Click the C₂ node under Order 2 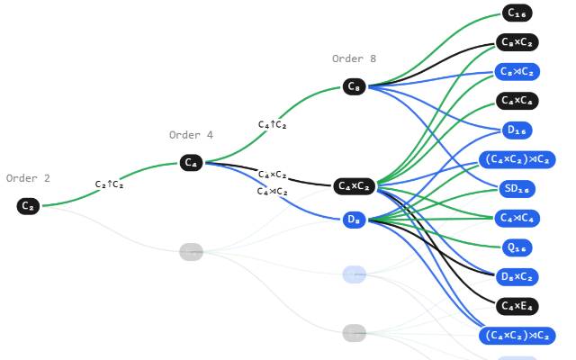29,206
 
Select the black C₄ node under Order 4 190,163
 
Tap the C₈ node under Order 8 354,86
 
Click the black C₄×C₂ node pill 355,186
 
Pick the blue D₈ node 355,220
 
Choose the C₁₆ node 517,13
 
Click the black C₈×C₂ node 517,42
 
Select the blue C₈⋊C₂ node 517,72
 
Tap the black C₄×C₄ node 517,101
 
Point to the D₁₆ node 517,130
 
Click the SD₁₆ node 517,189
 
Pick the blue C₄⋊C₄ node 517,218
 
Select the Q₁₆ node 517,247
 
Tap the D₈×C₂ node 517,276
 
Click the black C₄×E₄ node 517,306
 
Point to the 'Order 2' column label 28,178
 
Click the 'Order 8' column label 354,59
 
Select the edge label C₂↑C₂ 110,184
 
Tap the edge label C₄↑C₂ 272,125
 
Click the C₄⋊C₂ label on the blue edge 272,192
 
